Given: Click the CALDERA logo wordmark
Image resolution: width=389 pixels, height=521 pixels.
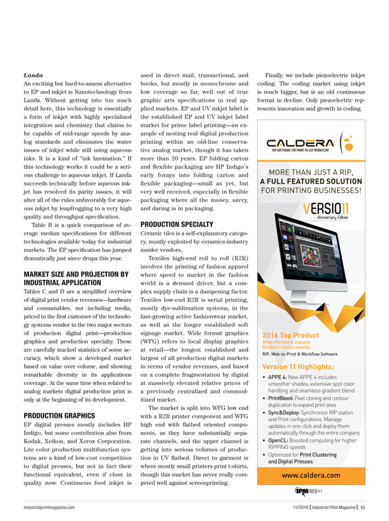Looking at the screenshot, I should coord(301,144).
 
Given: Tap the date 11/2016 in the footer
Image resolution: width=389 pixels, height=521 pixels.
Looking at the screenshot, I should coord(294,507).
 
